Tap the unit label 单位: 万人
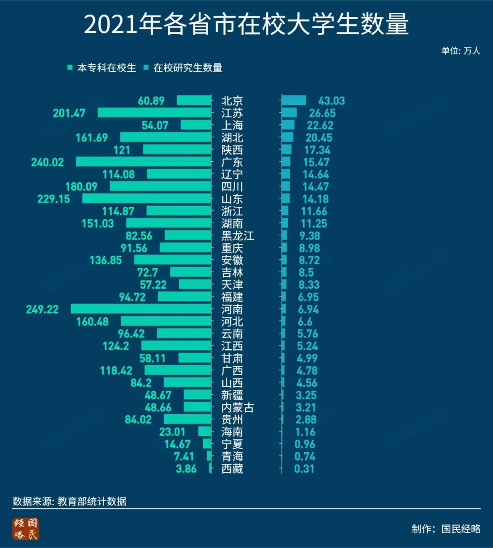tap(460, 51)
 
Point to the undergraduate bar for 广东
tap(143, 162)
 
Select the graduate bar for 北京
tap(294, 100)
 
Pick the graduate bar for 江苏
tap(289, 113)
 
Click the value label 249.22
tap(42, 309)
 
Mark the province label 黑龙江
tap(237, 236)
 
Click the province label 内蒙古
tap(237, 407)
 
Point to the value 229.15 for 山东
tap(54, 199)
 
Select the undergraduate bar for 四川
tap(160, 186)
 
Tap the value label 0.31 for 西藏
tap(304, 469)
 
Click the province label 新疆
tap(232, 395)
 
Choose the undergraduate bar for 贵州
tap(187, 419)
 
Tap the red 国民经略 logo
tap(26, 529)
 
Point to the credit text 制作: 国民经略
tap(446, 529)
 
